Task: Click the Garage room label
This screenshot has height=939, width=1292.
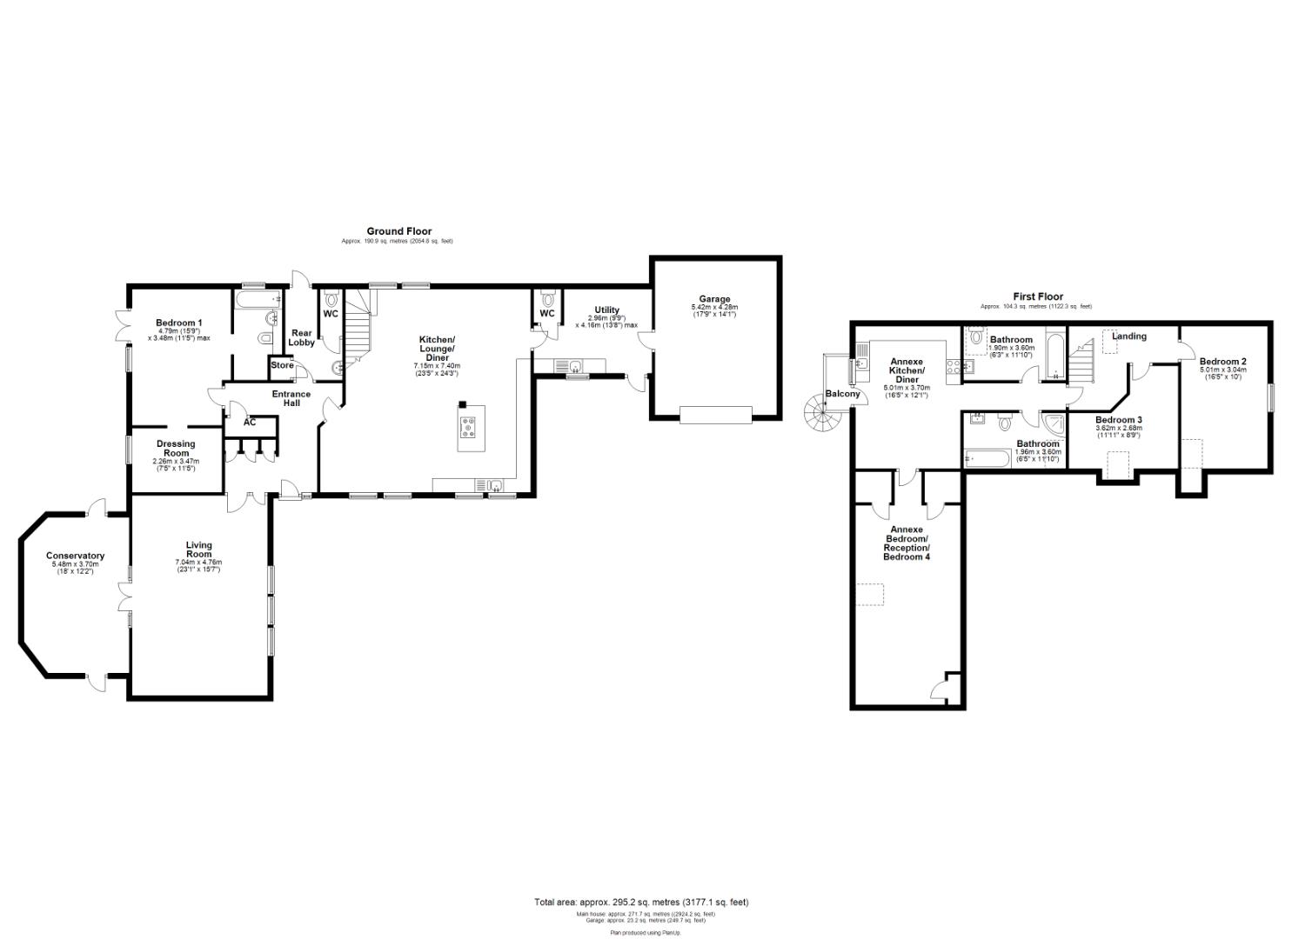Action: pyautogui.click(x=715, y=299)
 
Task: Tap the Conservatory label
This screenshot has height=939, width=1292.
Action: pyautogui.click(x=76, y=556)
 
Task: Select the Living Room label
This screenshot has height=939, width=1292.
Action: pyautogui.click(x=198, y=549)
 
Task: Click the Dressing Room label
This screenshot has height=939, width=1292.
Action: pyautogui.click(x=176, y=449)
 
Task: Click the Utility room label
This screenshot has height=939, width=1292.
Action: pyautogui.click(x=606, y=310)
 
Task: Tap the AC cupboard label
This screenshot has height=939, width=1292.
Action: pyautogui.click(x=250, y=423)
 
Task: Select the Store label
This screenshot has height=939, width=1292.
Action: pyautogui.click(x=282, y=366)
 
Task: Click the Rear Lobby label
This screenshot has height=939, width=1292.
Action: pyautogui.click(x=301, y=337)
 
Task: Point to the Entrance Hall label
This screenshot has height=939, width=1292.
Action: pyautogui.click(x=291, y=399)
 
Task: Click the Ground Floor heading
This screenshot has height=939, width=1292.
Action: pyautogui.click(x=398, y=231)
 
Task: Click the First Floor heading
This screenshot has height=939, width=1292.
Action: pyautogui.click(x=1037, y=296)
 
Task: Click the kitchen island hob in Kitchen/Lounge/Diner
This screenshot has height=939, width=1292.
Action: pyautogui.click(x=470, y=427)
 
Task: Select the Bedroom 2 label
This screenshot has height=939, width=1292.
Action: pyautogui.click(x=1222, y=362)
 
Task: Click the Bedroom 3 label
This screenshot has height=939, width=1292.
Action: pyautogui.click(x=1118, y=420)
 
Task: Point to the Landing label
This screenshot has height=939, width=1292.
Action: pyautogui.click(x=1128, y=336)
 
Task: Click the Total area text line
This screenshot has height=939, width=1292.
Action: pyautogui.click(x=640, y=902)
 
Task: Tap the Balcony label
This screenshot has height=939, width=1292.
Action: pyautogui.click(x=842, y=394)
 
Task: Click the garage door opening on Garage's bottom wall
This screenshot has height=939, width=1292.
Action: pyautogui.click(x=714, y=416)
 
